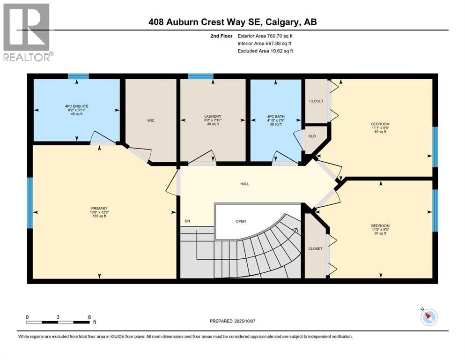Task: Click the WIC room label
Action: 151,120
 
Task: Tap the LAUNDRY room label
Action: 213,116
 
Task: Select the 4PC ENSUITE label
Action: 76,106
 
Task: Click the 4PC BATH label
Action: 275,116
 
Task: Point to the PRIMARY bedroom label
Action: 99,208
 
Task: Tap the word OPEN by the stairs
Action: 241,221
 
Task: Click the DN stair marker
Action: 187,221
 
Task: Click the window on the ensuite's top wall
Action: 78,76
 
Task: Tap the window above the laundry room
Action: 200,76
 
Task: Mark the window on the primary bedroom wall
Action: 30,202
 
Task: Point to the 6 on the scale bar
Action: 89,317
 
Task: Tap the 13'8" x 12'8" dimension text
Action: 100,212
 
